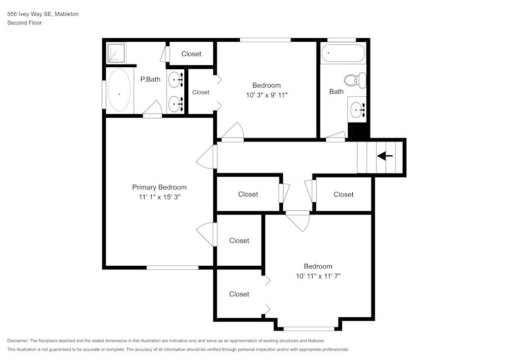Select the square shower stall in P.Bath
pos(116,52)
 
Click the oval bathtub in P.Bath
pos(119,90)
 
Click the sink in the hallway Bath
pos(358,109)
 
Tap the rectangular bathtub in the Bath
pos(343,53)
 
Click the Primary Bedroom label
pos(159,187)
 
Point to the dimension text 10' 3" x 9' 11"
pos(266,95)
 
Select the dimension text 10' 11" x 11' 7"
pos(318,276)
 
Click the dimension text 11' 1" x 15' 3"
pos(159,197)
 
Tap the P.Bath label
pos(150,79)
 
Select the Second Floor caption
pos(24,23)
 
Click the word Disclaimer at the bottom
pos(18,341)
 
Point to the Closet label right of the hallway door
pos(344,195)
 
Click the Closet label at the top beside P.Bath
pos(191,54)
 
